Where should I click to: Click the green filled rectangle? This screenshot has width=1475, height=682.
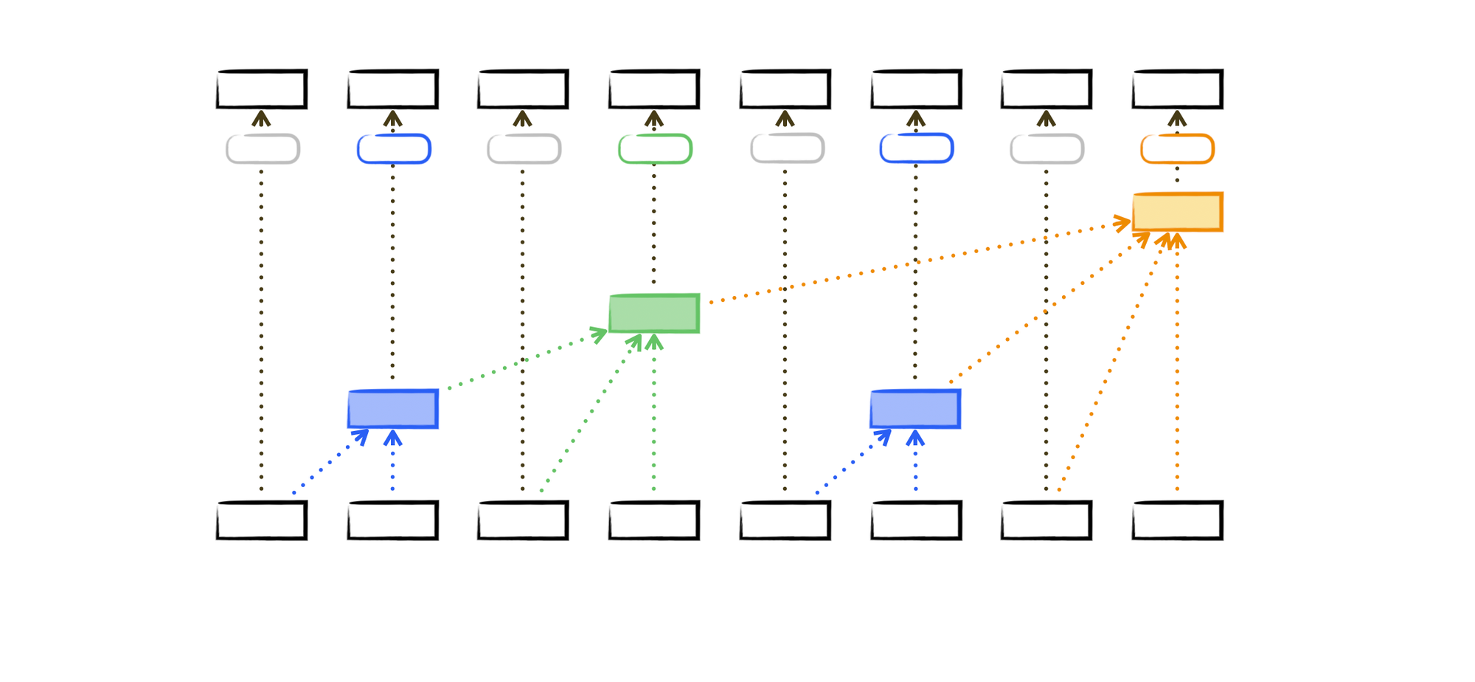pyautogui.click(x=654, y=314)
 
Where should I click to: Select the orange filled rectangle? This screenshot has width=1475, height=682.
pyautogui.click(x=1177, y=213)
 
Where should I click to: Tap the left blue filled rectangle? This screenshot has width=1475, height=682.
pyautogui.click(x=393, y=409)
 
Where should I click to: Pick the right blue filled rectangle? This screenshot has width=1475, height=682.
pyautogui.click(x=915, y=409)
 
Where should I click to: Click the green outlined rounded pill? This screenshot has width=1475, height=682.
pyautogui.click(x=655, y=149)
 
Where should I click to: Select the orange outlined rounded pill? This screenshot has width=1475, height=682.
pyautogui.click(x=1177, y=149)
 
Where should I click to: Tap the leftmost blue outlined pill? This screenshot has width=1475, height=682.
pyautogui.click(x=394, y=149)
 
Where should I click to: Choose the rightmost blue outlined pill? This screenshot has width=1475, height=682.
pyautogui.click(x=917, y=149)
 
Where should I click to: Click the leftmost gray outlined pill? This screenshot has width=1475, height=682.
pyautogui.click(x=263, y=149)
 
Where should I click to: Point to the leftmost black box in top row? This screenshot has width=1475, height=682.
pyautogui.click(x=262, y=89)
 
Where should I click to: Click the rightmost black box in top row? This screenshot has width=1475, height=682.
pyautogui.click(x=1177, y=89)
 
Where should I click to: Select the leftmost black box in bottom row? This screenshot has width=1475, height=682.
pyautogui.click(x=262, y=520)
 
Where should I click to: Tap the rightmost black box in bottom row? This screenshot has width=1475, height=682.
pyautogui.click(x=1177, y=520)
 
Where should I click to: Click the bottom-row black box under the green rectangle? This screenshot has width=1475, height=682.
pyautogui.click(x=654, y=520)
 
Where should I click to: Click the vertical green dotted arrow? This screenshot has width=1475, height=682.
pyautogui.click(x=654, y=413)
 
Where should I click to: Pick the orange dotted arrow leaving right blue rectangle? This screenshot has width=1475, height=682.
pyautogui.click(x=1047, y=310)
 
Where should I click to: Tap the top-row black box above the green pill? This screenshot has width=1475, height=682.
pyautogui.click(x=654, y=89)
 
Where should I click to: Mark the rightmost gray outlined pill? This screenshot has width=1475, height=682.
pyautogui.click(x=1047, y=149)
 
